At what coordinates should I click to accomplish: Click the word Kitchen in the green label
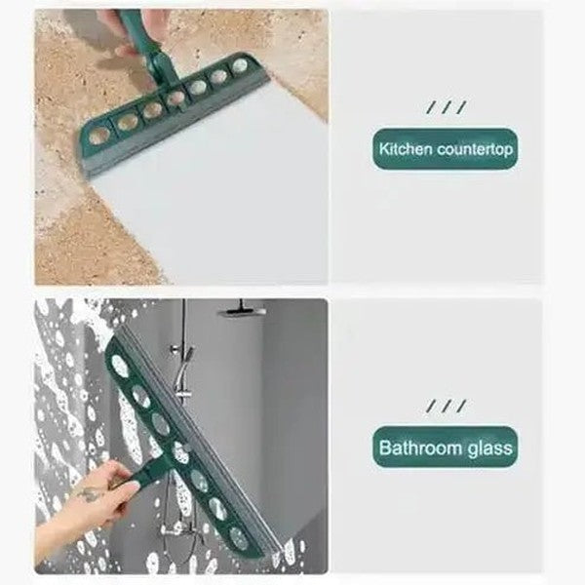404,151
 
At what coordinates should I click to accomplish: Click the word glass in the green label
490,449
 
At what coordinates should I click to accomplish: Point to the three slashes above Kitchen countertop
446,107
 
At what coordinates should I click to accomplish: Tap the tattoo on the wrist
91,494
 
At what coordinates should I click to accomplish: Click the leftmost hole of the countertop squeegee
97,136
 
